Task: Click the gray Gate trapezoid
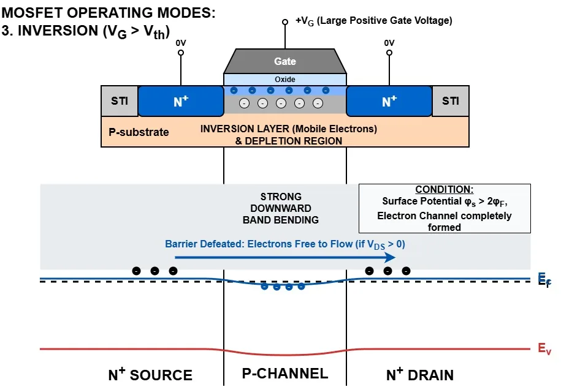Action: pos(285,61)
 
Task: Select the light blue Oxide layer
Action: pos(285,80)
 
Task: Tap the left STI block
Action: pos(120,100)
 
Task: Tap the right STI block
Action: pos(451,100)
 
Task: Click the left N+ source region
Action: pos(180,102)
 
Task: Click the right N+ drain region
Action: pos(389,102)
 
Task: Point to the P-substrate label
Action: pos(139,132)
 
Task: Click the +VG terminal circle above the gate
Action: pos(285,22)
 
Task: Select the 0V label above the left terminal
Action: pos(181,43)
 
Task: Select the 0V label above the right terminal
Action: pos(389,43)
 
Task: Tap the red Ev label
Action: pos(543,349)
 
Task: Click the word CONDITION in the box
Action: pos(445,190)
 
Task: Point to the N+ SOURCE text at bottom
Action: pos(150,375)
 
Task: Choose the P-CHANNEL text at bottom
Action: pos(285,374)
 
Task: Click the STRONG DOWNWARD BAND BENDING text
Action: pos(281,208)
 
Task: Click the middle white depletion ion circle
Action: pos(281,103)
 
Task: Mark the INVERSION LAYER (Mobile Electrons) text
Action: pos(289,129)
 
